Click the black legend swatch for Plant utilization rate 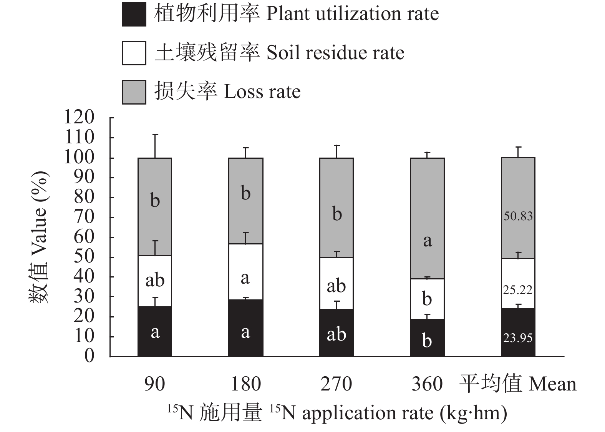[x=134, y=14]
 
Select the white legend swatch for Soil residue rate [x=134, y=53]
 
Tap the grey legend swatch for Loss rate [x=134, y=92]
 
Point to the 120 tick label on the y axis [x=79, y=117]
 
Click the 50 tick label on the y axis [x=84, y=257]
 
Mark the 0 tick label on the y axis [x=89, y=356]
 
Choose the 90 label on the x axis [x=155, y=384]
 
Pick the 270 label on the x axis [x=336, y=384]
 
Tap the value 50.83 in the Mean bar [x=518, y=216]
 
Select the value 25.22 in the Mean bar [x=518, y=290]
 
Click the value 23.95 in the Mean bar [x=518, y=338]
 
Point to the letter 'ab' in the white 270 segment [x=336, y=286]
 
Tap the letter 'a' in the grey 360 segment [x=427, y=241]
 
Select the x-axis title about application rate [x=337, y=413]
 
